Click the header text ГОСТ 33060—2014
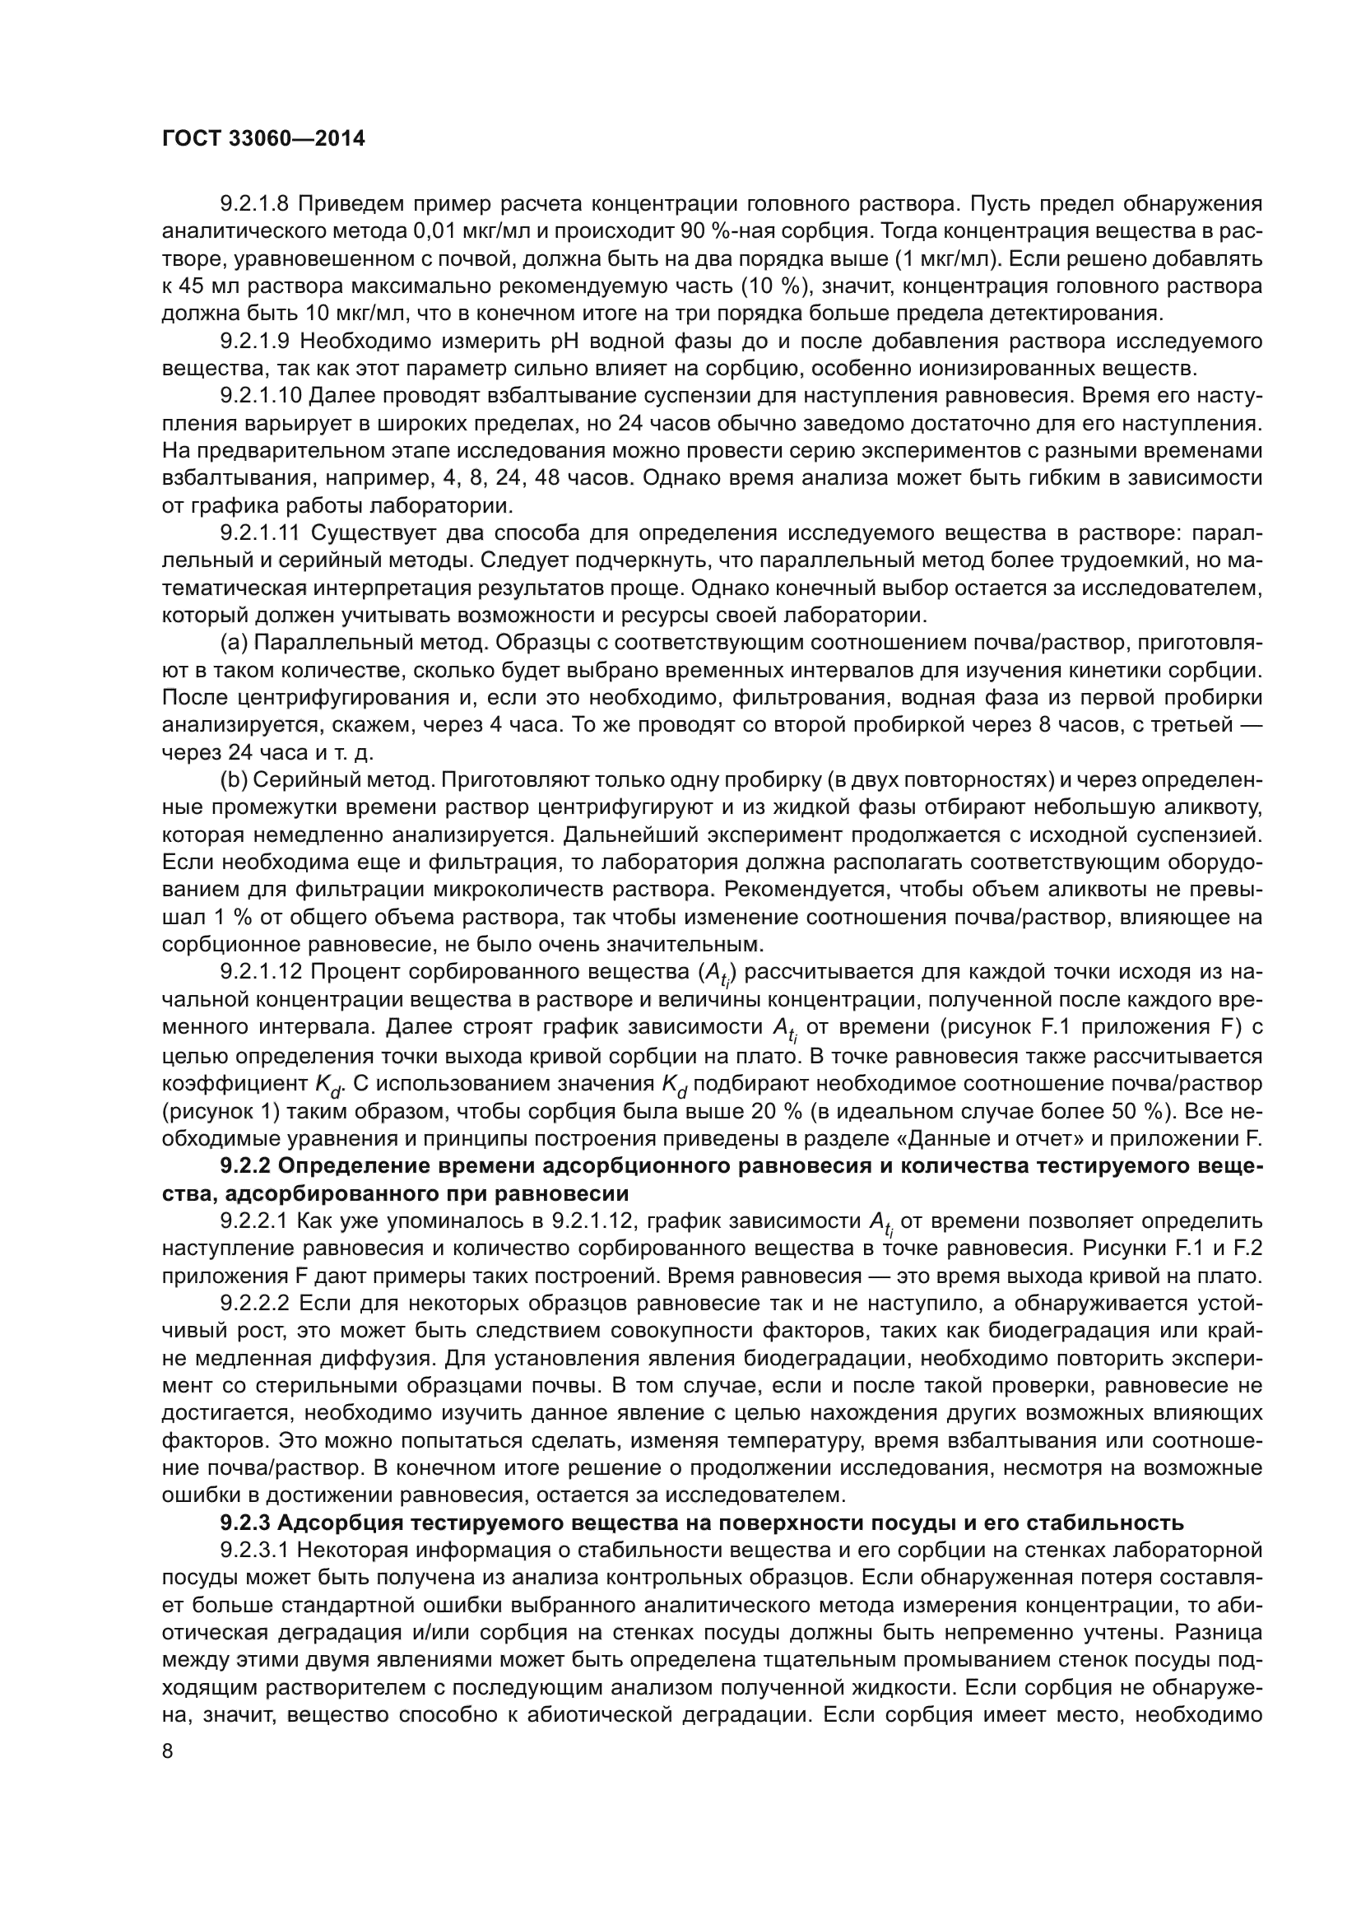coord(263,139)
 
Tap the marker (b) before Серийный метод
coord(233,780)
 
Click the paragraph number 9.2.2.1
coord(255,1221)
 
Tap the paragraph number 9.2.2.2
coord(255,1304)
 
